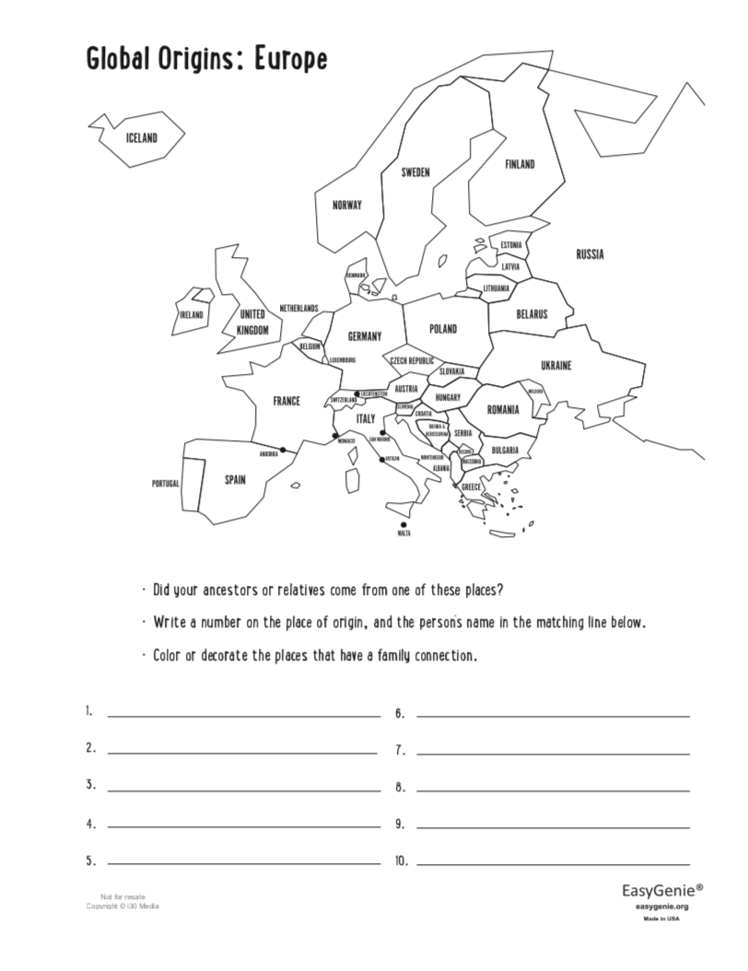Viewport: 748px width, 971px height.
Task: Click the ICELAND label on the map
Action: pos(143,138)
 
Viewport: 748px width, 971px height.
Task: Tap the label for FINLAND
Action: pos(520,165)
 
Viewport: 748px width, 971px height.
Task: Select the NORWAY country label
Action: pos(347,205)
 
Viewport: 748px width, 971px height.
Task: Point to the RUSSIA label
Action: pos(590,254)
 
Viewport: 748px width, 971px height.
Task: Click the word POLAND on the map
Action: pos(443,329)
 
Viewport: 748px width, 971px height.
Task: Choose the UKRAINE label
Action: pos(555,366)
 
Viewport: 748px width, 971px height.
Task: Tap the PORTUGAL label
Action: pos(166,484)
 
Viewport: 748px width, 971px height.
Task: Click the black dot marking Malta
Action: pos(403,524)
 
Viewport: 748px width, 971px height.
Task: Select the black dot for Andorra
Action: pos(283,450)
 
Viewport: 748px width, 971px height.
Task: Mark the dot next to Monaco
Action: pos(335,435)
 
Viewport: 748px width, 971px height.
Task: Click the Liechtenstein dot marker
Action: pos(357,393)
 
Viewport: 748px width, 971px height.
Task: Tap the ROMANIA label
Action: pos(503,409)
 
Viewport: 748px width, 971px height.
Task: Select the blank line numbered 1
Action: pos(244,716)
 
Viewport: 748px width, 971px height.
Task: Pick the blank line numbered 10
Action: pos(553,864)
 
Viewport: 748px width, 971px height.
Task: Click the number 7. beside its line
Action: pos(400,751)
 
